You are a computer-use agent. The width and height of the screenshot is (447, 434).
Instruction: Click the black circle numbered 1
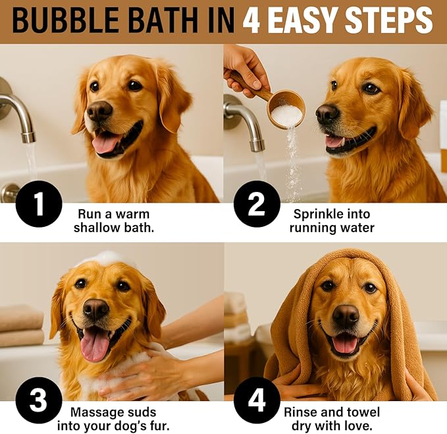38,204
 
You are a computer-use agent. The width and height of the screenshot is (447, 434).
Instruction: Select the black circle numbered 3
38,400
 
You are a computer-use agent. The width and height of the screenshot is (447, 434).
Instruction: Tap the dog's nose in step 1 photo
99,111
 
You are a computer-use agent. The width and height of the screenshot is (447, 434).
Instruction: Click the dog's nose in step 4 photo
345,316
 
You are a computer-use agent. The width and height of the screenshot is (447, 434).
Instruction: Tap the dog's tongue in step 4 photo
345,343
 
